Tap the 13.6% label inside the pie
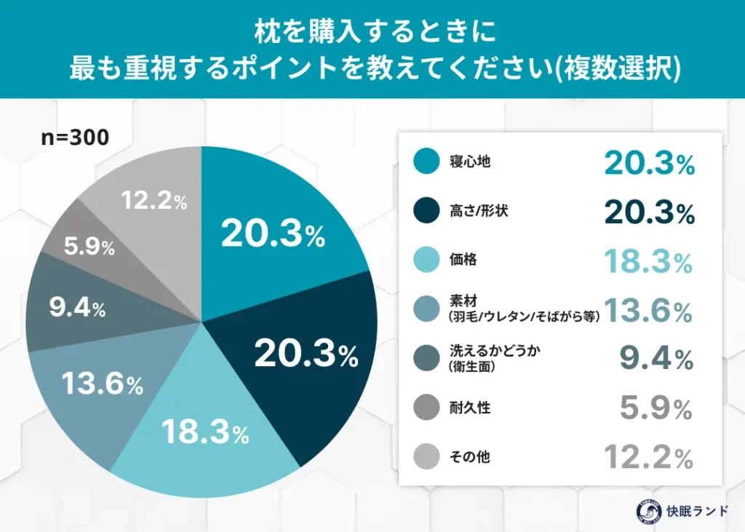click(102, 384)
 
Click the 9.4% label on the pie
click(77, 309)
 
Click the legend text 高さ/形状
click(479, 211)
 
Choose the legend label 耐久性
click(469, 408)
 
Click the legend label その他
click(469, 457)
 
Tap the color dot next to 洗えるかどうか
click(425, 358)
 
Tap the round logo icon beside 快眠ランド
click(650, 510)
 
